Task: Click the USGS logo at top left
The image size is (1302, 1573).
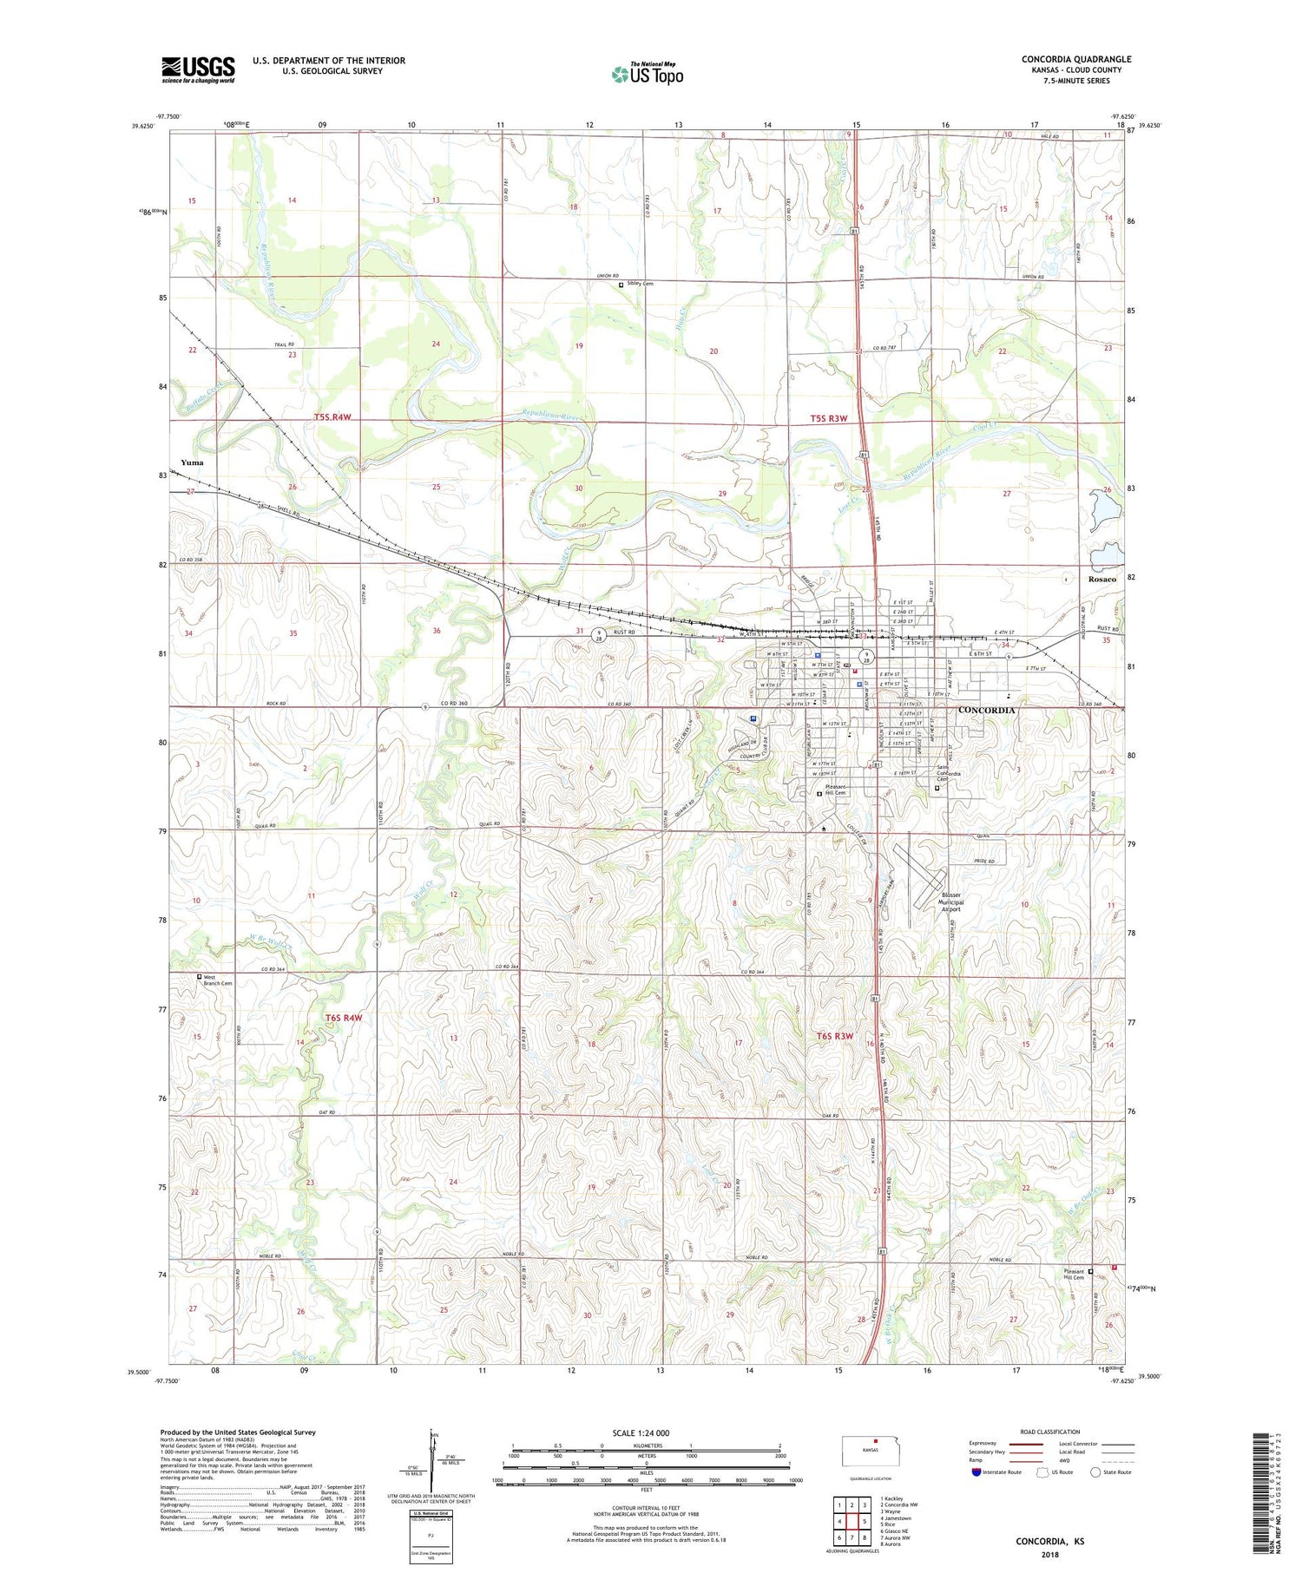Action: click(x=198, y=69)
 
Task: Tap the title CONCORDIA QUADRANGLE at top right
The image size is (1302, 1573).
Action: click(x=1075, y=59)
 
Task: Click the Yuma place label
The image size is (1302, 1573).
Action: click(x=192, y=462)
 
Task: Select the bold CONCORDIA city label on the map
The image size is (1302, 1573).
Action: click(x=986, y=711)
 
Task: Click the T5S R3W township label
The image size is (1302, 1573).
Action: click(x=828, y=418)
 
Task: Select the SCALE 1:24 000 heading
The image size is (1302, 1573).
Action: click(x=641, y=1432)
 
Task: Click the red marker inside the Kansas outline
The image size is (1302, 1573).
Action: click(x=875, y=1443)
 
